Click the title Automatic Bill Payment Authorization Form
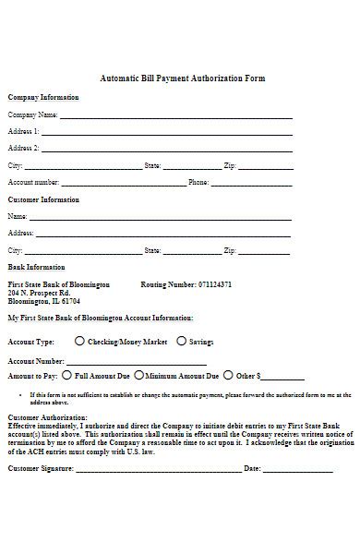click(x=182, y=78)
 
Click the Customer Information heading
click(x=43, y=199)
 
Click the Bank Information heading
click(x=36, y=268)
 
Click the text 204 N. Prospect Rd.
click(x=39, y=293)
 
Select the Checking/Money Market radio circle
click(x=79, y=341)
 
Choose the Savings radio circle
click(x=181, y=341)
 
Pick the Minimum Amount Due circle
click(x=139, y=376)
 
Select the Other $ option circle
click(x=228, y=376)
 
